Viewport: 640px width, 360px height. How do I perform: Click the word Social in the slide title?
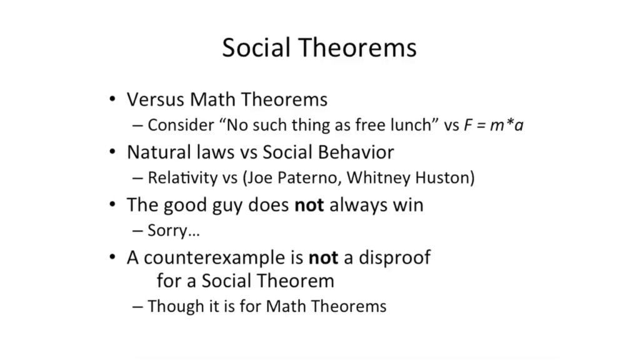(256, 47)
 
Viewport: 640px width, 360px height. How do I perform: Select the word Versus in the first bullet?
(155, 99)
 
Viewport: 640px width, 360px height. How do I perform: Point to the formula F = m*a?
(494, 125)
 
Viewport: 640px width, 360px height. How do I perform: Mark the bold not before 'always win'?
(309, 205)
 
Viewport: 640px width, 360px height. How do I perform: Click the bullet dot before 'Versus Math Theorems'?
(112, 99)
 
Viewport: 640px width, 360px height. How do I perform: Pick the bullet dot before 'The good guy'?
(112, 204)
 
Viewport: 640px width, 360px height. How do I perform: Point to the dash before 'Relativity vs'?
(137, 178)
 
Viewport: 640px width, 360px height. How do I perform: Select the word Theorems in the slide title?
(358, 47)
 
